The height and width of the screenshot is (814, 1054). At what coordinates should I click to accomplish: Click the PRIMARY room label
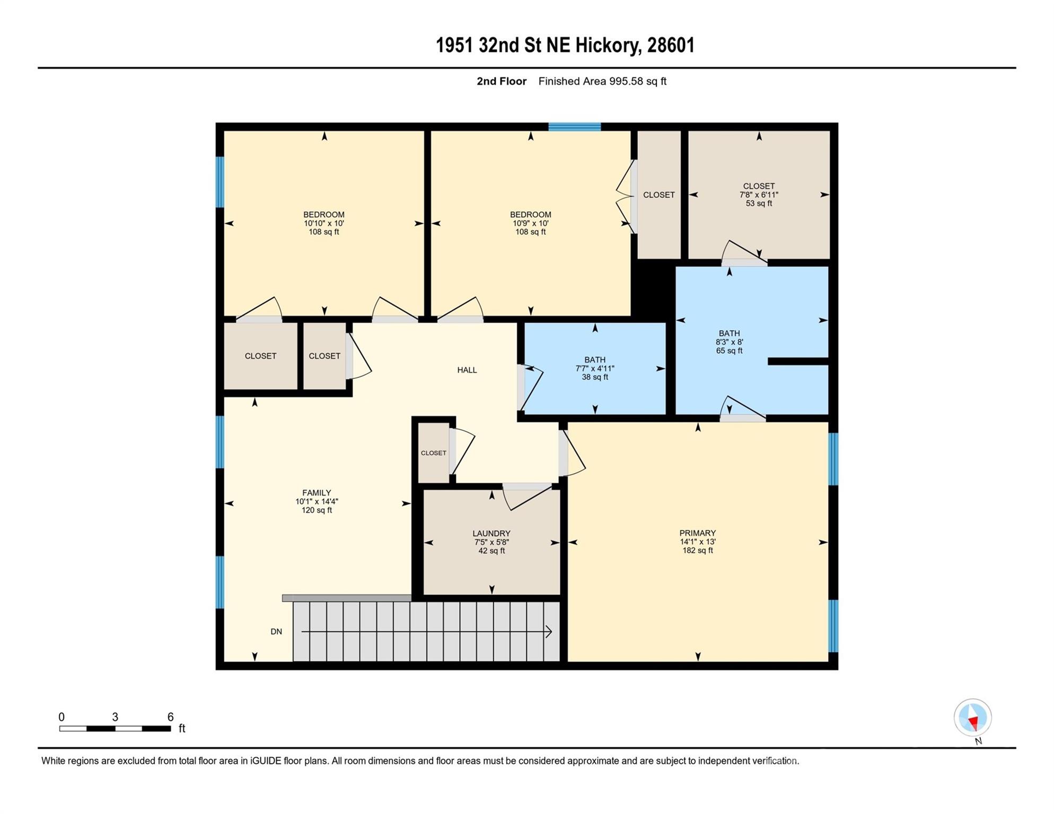click(x=698, y=533)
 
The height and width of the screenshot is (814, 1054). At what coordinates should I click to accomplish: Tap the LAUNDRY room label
click(x=491, y=534)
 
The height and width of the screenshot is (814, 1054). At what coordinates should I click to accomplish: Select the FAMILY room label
click(x=317, y=493)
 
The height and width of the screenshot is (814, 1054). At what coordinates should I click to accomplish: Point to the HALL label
click(x=467, y=370)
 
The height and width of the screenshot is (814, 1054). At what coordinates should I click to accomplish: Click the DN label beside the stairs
click(x=276, y=632)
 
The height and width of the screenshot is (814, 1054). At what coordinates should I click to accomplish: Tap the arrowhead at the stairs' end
click(x=549, y=632)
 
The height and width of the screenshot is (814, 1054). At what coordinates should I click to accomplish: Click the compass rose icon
click(x=973, y=718)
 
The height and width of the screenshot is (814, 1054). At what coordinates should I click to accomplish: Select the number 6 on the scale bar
click(x=170, y=717)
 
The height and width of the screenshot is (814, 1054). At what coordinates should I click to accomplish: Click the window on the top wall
click(x=574, y=127)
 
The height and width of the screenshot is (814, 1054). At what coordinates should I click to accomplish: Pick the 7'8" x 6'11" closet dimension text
click(x=759, y=194)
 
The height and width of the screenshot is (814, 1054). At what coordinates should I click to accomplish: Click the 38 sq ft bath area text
click(x=595, y=377)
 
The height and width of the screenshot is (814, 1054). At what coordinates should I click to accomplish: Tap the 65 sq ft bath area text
click(x=729, y=351)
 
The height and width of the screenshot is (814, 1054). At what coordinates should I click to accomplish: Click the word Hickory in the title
click(x=609, y=46)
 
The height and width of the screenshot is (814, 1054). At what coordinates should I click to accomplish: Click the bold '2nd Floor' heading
click(x=502, y=81)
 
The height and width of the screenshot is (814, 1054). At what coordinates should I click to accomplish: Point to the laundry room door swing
click(x=526, y=497)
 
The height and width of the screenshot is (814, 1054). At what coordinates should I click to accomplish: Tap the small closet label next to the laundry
click(x=434, y=453)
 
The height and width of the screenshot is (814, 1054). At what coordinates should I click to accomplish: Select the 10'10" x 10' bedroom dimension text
click(x=324, y=223)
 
